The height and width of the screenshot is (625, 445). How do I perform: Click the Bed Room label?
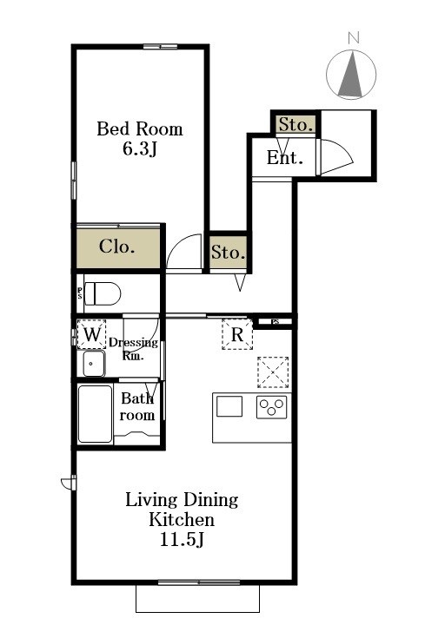[140, 129]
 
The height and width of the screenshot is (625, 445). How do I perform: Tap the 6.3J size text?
[140, 148]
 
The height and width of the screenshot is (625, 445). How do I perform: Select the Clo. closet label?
[116, 247]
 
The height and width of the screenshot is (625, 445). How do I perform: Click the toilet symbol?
[103, 293]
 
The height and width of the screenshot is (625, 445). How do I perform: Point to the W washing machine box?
[91, 334]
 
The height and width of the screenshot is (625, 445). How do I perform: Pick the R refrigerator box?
[237, 334]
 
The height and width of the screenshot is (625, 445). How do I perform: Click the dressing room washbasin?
[94, 363]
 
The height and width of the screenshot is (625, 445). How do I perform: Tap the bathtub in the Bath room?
[95, 414]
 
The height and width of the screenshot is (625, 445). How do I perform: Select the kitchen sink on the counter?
[229, 406]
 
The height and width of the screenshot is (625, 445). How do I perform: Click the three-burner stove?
[271, 407]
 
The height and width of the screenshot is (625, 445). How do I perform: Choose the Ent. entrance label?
[284, 158]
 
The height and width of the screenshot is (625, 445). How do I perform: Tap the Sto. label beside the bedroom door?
[228, 253]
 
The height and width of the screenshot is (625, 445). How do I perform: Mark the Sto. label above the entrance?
[295, 125]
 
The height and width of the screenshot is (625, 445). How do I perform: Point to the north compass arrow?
[351, 75]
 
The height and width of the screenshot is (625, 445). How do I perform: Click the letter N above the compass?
[353, 37]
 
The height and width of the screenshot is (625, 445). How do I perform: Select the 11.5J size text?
[182, 540]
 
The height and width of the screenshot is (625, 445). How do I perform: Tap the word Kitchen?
[182, 520]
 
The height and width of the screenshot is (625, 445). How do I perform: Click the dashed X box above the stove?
[273, 372]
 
